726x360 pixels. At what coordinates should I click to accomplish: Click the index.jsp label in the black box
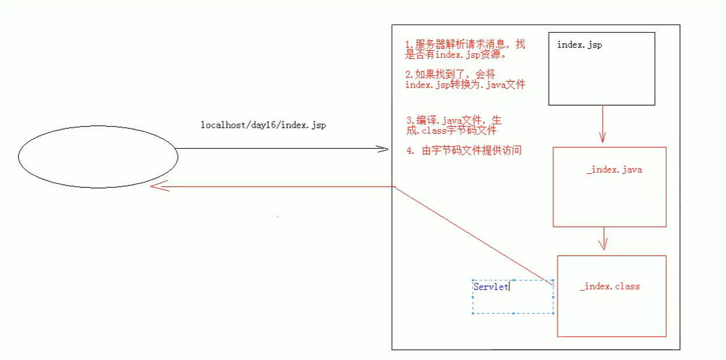tap(580, 45)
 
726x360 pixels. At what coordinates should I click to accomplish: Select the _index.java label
tap(614, 170)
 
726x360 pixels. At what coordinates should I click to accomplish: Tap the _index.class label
tap(609, 286)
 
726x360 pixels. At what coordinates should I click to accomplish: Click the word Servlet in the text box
tap(490, 286)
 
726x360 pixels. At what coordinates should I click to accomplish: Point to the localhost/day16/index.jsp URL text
tap(263, 125)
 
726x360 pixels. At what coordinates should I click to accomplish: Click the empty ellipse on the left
tap(97, 156)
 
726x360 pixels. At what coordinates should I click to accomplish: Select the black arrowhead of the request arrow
tap(383, 149)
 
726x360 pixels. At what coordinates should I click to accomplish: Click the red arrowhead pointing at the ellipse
tap(156, 187)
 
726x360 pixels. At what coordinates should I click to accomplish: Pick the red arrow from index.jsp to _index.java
tap(602, 125)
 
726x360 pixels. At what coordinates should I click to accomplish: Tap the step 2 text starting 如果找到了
tap(465, 80)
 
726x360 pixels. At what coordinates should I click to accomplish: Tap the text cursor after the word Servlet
tap(509, 286)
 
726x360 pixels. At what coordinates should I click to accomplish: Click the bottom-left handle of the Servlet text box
tap(472, 313)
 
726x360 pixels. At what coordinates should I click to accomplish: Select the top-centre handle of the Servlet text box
tap(513, 281)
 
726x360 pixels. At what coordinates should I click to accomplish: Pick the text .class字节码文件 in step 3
tap(452, 131)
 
